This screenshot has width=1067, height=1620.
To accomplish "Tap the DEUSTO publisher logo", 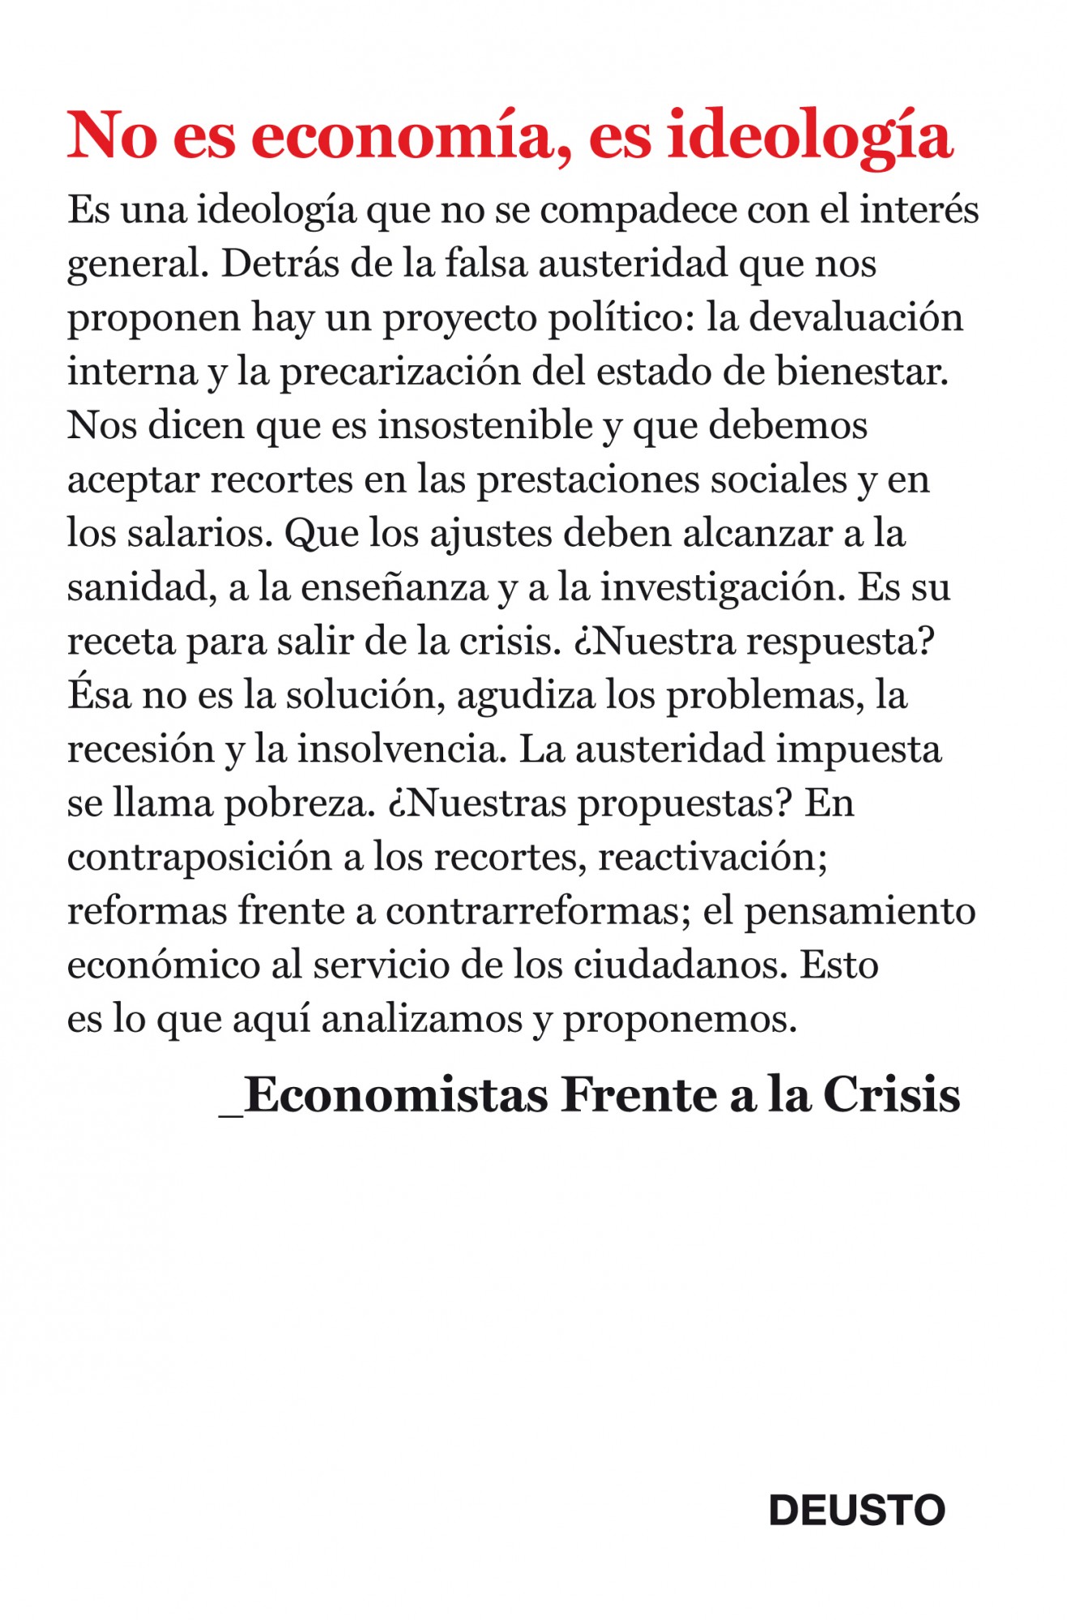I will pos(856,1510).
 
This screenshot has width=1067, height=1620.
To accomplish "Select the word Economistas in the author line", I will pos(396,1095).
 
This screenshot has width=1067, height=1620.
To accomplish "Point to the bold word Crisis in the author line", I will pos(891,1095).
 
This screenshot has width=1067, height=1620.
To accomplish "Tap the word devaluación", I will pos(856,318).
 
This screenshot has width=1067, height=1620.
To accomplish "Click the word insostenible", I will pos(485,425).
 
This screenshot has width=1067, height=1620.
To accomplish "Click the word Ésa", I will pos(98,695).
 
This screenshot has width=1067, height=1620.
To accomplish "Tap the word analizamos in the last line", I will pos(421,1019).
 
